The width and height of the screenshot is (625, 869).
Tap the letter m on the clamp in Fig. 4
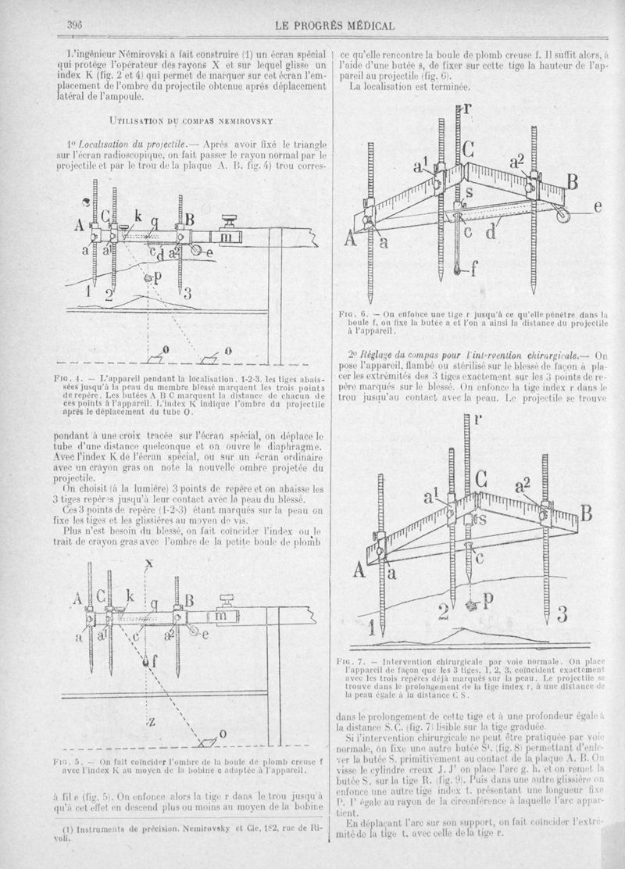227,234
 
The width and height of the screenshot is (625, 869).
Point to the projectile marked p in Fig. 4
148,278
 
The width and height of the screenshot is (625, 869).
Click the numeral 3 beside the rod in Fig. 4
188,294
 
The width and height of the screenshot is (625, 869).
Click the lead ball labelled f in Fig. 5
146,662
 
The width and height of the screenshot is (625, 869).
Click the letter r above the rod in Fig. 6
466,109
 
